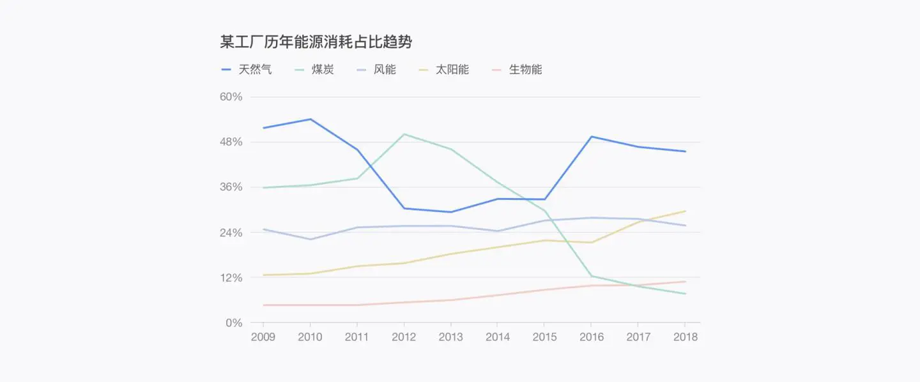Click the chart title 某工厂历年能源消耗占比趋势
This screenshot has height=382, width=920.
[x=316, y=42]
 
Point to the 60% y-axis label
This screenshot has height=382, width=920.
[x=231, y=97]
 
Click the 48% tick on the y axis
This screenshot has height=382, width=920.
[x=231, y=142]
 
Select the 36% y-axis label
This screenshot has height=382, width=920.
[x=231, y=187]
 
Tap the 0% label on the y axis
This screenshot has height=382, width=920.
[x=234, y=323]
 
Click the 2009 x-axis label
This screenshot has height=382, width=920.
[x=263, y=337]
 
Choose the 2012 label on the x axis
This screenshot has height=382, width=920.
[x=404, y=337]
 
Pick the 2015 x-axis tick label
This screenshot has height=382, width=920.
[x=544, y=337]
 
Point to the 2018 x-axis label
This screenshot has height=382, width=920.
[x=686, y=337]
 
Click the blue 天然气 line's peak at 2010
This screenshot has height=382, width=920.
[x=310, y=119]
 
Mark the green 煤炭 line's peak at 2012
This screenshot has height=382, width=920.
[x=404, y=134]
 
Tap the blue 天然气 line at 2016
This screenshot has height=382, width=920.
[x=592, y=137]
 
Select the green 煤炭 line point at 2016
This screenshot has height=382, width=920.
[x=592, y=276]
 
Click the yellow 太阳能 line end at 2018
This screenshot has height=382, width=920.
[x=686, y=211]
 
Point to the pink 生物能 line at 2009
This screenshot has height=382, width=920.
[x=263, y=305]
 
